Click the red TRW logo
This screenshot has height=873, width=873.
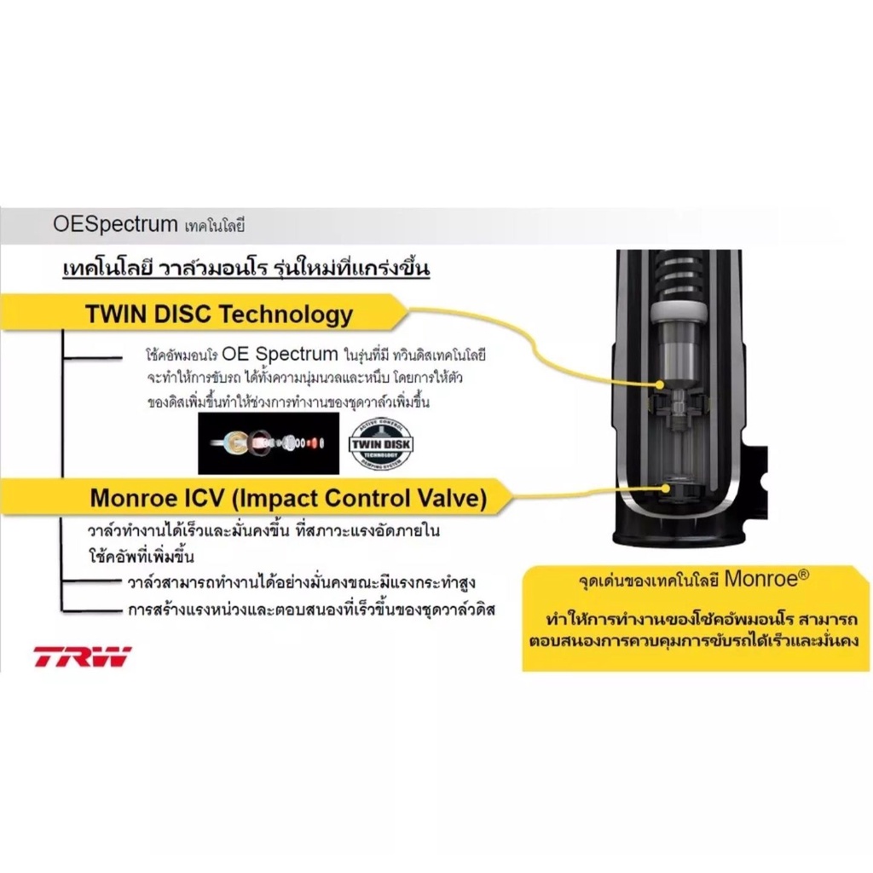click(x=83, y=656)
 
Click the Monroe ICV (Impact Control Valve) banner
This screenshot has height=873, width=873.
click(x=288, y=498)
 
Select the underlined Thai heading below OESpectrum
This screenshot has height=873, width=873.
click(x=246, y=269)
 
